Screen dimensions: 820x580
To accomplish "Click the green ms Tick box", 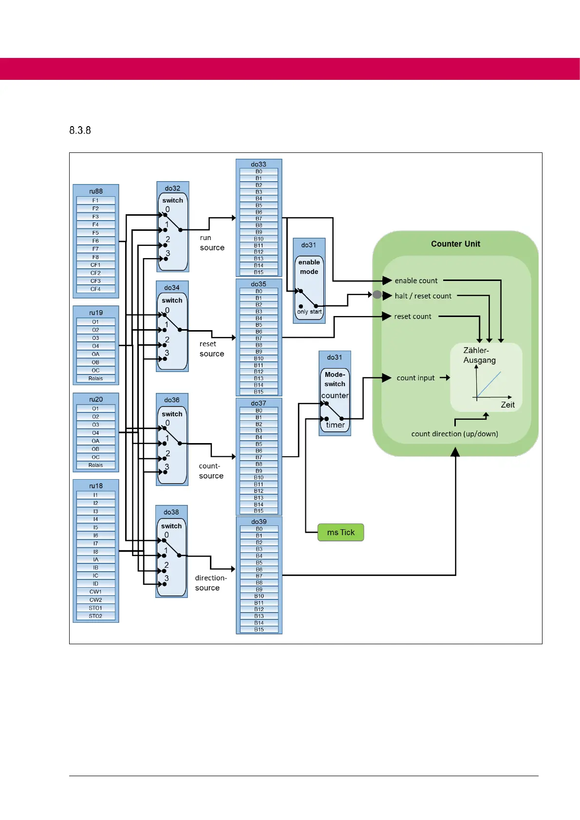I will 340,532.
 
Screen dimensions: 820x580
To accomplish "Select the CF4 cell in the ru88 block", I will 95,289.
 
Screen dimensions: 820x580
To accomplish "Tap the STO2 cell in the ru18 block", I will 95,616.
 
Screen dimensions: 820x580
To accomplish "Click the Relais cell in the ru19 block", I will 95,378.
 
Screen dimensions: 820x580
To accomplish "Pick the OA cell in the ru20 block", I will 95,441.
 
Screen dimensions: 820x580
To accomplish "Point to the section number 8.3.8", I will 80,130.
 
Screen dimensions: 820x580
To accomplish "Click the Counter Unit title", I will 455,244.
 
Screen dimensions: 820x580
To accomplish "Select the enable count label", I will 416,280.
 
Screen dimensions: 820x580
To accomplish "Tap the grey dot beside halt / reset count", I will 377,295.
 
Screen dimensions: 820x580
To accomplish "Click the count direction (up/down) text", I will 454,434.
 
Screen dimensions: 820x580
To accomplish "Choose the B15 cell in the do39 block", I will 259,630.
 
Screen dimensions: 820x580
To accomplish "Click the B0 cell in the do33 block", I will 259,171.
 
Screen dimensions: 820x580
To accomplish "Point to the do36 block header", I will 171,400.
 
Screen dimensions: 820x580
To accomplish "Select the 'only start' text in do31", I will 309,312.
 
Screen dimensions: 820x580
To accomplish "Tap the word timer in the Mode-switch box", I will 335,425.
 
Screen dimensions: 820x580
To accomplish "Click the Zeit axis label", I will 507,405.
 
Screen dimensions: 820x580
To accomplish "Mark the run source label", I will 212,242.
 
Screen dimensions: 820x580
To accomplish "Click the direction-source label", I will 210,583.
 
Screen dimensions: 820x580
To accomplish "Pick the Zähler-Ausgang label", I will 479,355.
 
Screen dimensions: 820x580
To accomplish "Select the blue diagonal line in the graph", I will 489,385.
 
